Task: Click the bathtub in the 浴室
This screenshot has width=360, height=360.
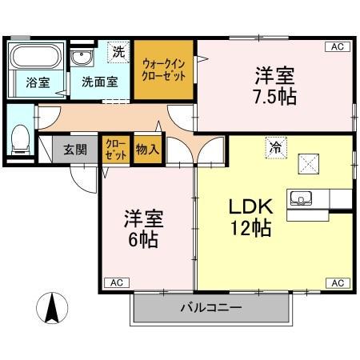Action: click(x=35, y=58)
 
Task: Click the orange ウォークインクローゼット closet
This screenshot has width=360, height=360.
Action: click(x=164, y=70)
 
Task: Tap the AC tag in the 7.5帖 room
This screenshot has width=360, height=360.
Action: click(x=338, y=47)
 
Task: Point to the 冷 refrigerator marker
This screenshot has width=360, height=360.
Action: click(x=275, y=146)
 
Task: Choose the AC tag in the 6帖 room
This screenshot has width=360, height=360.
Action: click(x=117, y=282)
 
